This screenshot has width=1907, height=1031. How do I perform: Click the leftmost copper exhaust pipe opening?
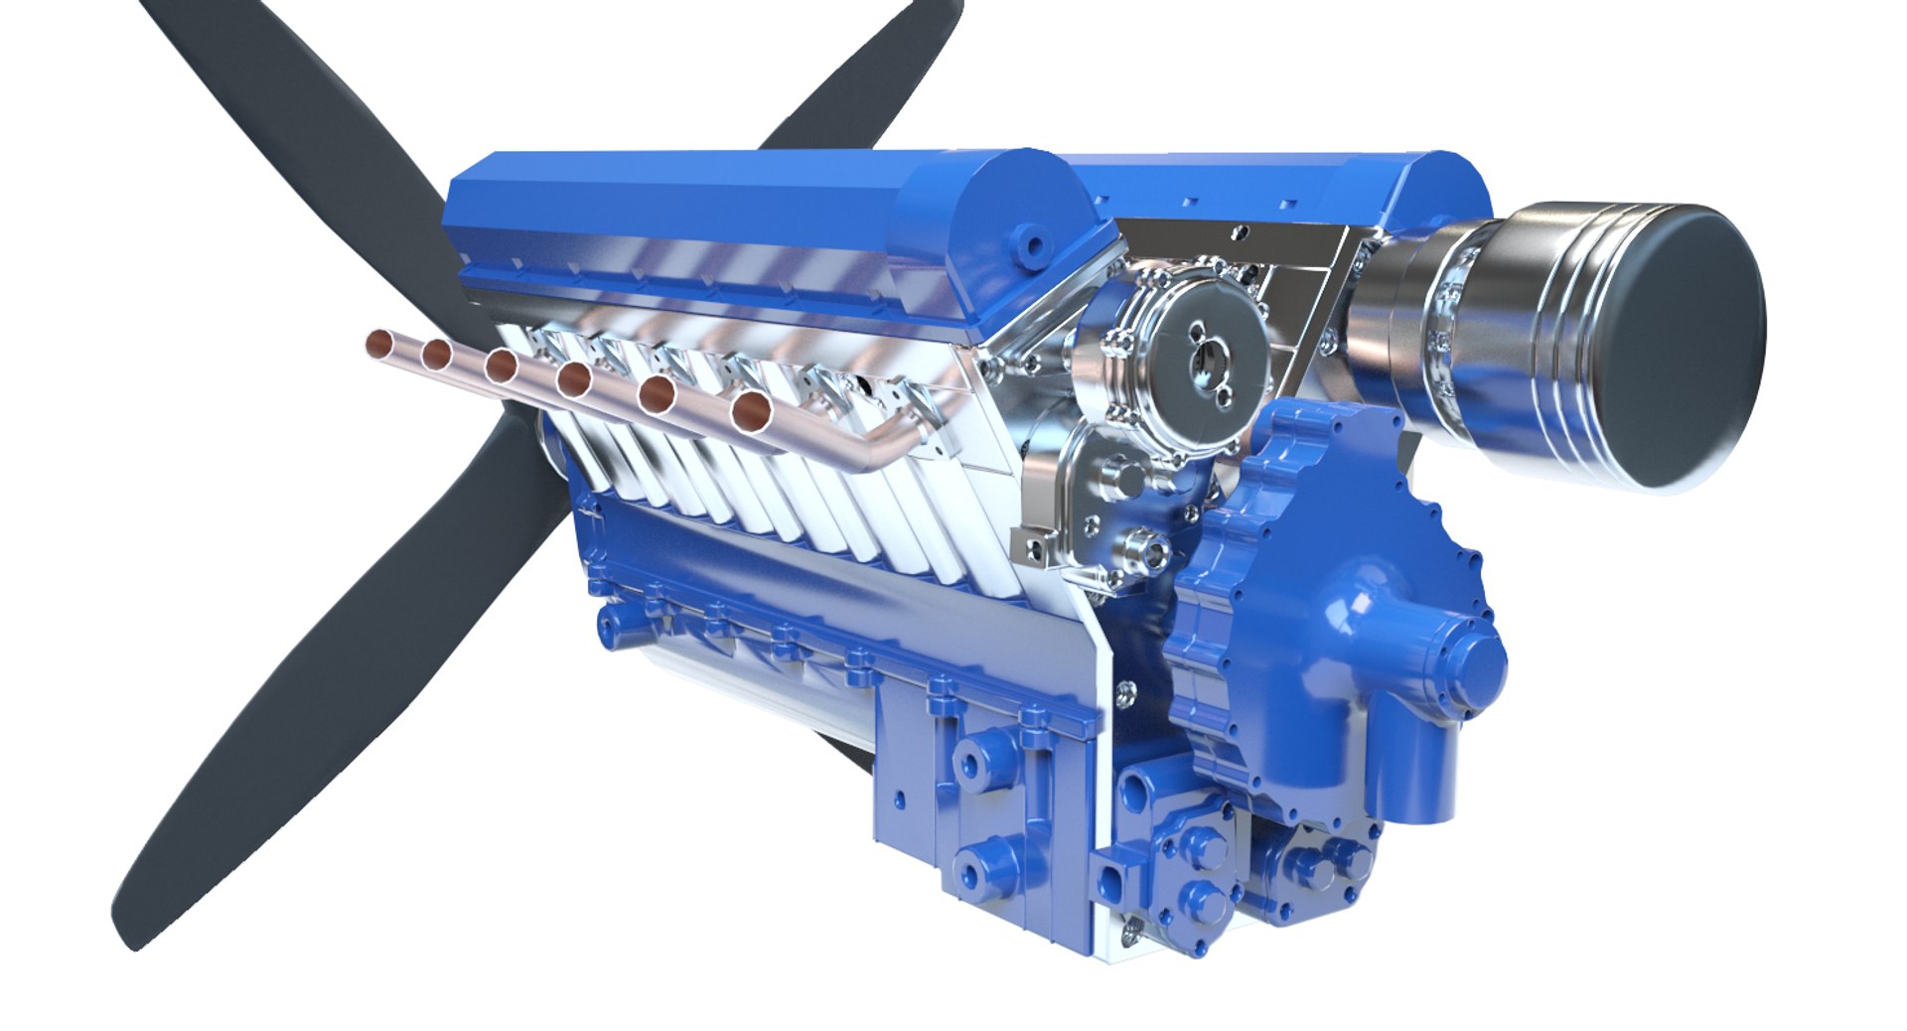tap(378, 344)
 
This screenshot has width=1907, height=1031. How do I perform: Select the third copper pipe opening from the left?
tap(501, 366)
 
